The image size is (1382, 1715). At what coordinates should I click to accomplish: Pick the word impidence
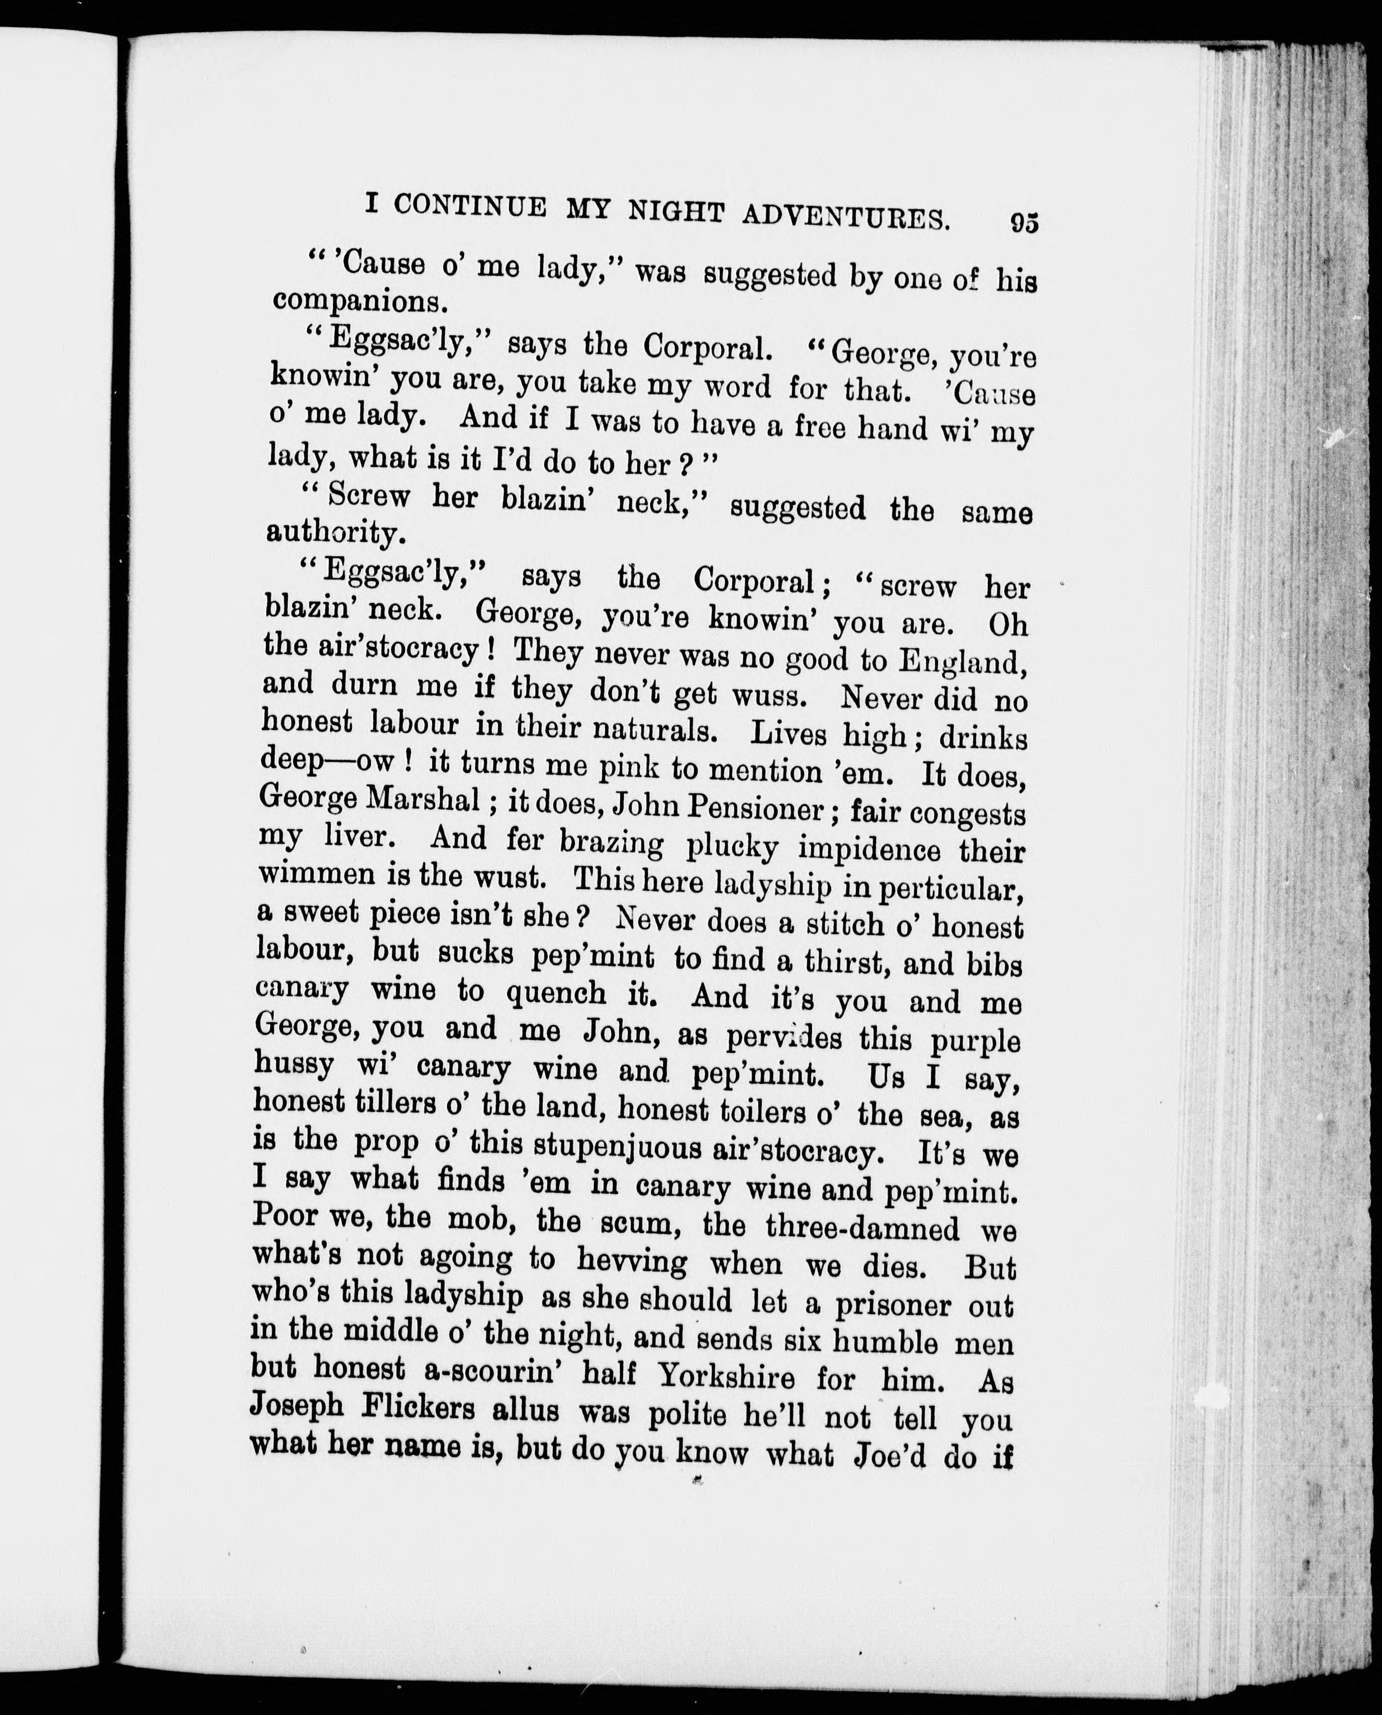click(869, 849)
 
